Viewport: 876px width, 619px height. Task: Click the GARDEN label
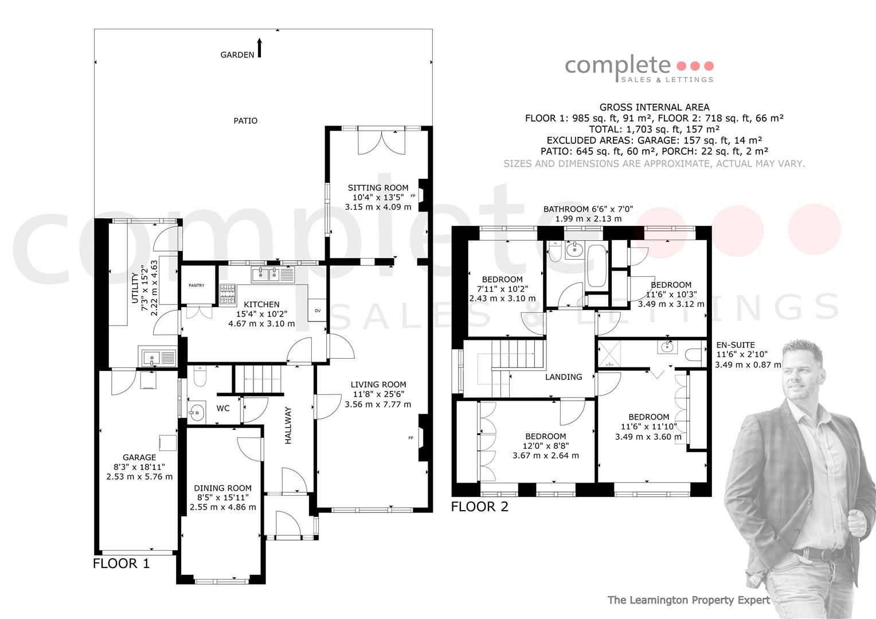click(x=237, y=55)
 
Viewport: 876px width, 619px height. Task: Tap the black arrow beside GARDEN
click(x=259, y=48)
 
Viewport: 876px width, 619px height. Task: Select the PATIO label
click(x=245, y=121)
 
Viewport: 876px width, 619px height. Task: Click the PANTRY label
click(x=196, y=285)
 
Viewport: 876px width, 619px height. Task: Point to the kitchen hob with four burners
click(x=228, y=294)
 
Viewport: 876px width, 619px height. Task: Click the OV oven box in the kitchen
click(x=317, y=310)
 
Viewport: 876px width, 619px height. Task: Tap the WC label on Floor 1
click(x=223, y=408)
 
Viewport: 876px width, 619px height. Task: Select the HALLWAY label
click(x=288, y=425)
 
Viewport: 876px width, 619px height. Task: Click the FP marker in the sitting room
click(x=413, y=196)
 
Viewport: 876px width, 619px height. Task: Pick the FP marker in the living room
click(x=410, y=438)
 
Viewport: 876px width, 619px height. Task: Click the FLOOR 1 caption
click(x=121, y=563)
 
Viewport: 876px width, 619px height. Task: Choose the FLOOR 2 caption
click(x=479, y=507)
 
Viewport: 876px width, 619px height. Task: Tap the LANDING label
click(x=564, y=377)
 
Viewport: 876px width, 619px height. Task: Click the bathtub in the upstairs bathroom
click(x=597, y=266)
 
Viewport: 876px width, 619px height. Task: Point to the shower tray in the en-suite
click(x=609, y=354)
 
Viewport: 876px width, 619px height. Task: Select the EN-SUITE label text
click(x=736, y=345)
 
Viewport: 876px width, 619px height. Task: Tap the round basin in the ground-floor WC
click(x=196, y=412)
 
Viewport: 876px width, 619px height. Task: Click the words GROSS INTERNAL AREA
click(x=654, y=107)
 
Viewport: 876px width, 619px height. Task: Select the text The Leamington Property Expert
click(x=689, y=600)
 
